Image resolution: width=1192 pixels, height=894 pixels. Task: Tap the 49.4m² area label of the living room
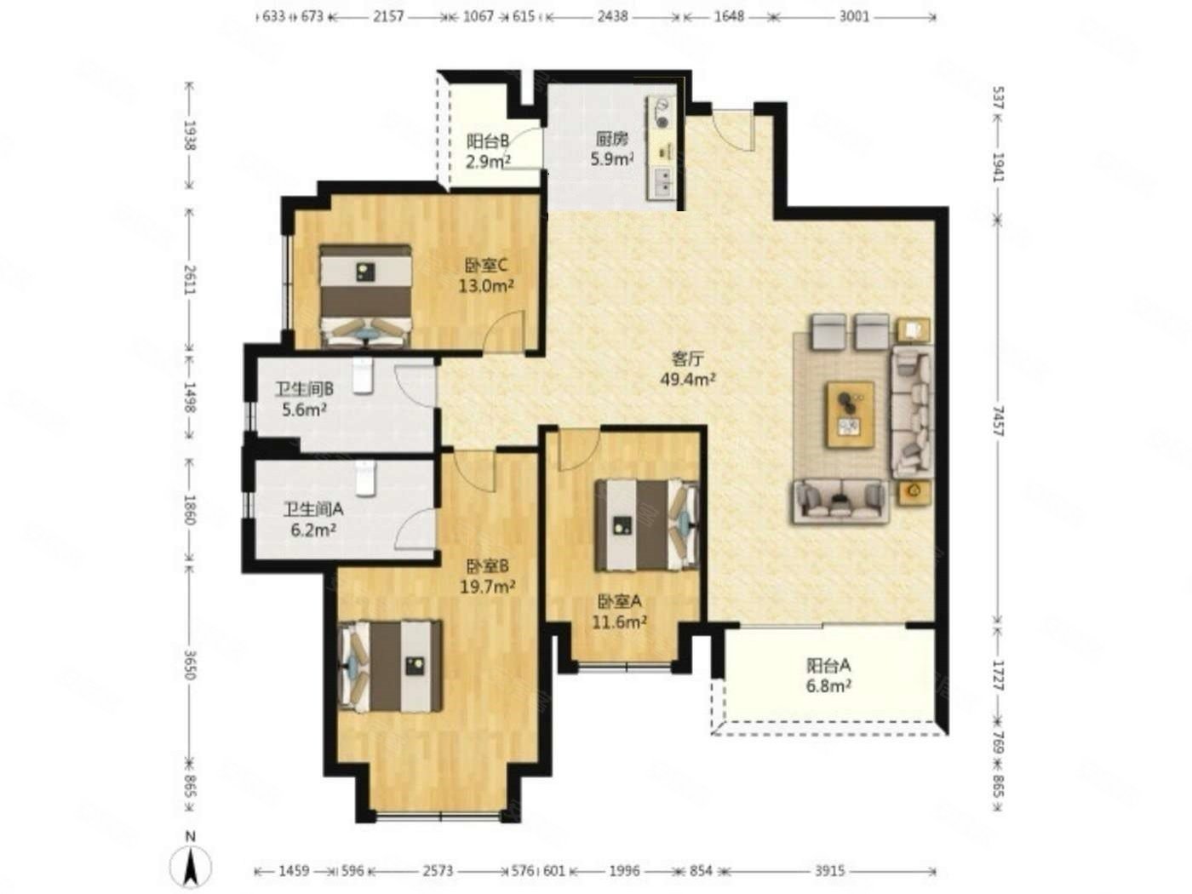click(687, 378)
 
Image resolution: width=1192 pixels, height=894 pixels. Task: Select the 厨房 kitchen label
click(612, 140)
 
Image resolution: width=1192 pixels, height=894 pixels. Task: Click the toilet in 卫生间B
click(362, 375)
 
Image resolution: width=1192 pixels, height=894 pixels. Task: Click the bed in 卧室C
click(364, 295)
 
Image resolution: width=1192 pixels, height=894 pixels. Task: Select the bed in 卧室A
click(645, 524)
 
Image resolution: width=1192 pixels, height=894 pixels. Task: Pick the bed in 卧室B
click(389, 666)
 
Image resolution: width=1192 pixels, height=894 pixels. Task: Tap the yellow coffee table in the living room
click(850, 414)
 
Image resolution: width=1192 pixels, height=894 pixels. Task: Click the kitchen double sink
click(663, 181)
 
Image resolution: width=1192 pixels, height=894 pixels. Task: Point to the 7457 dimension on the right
click(999, 421)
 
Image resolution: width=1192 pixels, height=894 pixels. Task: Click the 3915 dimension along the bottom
click(830, 871)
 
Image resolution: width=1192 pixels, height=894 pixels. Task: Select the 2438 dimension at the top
click(612, 16)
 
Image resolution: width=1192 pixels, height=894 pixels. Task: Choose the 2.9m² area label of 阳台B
click(488, 161)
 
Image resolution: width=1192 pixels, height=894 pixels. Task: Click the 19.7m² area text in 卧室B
click(487, 587)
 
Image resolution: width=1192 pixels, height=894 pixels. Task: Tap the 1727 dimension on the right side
click(999, 675)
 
